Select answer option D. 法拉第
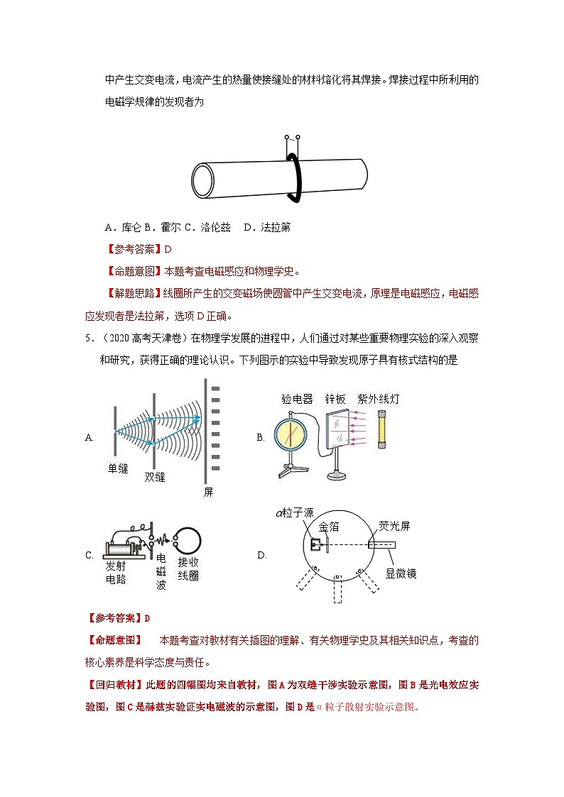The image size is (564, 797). (x=266, y=227)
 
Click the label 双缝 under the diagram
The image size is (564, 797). (x=154, y=477)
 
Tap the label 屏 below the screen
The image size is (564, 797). (x=208, y=492)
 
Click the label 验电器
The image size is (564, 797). (x=297, y=399)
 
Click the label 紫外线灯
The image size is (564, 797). (x=379, y=399)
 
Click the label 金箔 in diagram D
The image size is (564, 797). (x=330, y=527)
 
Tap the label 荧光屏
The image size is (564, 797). (x=394, y=526)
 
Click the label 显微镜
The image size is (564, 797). (x=401, y=573)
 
